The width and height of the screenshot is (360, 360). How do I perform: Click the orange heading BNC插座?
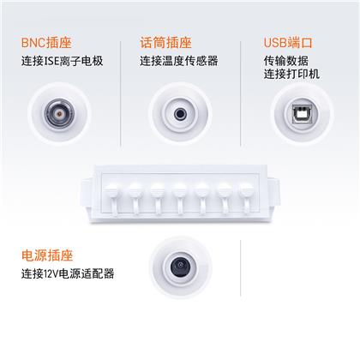[46, 43]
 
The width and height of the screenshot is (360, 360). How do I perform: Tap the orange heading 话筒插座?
[165, 43]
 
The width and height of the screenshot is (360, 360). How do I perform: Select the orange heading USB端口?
[288, 43]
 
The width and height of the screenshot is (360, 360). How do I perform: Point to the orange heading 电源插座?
[47, 255]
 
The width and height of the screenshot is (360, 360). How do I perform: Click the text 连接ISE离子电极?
[62, 61]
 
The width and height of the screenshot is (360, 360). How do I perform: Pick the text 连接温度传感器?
[179, 61]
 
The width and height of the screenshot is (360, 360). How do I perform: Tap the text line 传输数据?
[286, 61]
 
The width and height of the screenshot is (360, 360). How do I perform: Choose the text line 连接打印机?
[291, 74]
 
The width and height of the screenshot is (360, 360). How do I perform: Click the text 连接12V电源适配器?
[68, 273]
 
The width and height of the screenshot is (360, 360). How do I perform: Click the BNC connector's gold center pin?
[59, 114]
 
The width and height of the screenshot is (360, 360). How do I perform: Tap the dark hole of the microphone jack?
[180, 114]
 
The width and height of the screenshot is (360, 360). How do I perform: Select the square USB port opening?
[302, 114]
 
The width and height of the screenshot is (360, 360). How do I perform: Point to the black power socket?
[180, 267]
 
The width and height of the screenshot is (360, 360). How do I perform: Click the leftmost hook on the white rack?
[113, 199]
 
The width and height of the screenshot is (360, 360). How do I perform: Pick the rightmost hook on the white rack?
[247, 199]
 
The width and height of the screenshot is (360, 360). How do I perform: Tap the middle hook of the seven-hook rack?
[180, 199]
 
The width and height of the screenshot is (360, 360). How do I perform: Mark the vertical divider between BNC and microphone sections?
[121, 93]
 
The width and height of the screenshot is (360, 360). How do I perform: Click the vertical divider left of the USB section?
[240, 93]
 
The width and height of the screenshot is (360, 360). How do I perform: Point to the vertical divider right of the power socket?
[240, 268]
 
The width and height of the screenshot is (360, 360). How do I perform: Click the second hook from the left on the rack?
[135, 199]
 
